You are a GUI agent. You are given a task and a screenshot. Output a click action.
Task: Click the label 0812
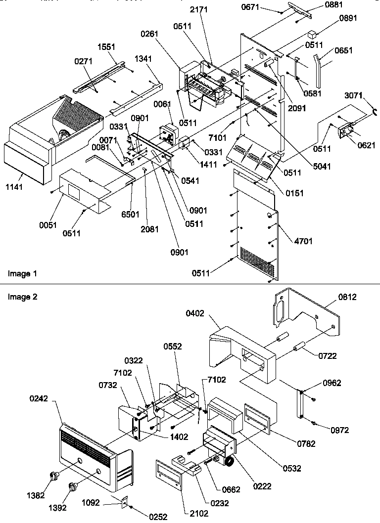click(x=347, y=297)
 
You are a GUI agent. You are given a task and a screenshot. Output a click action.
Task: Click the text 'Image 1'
click(x=22, y=273)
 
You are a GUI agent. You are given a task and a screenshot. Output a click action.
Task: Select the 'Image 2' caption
click(x=22, y=297)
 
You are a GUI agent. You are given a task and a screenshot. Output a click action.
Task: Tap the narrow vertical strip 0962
click(x=300, y=403)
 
